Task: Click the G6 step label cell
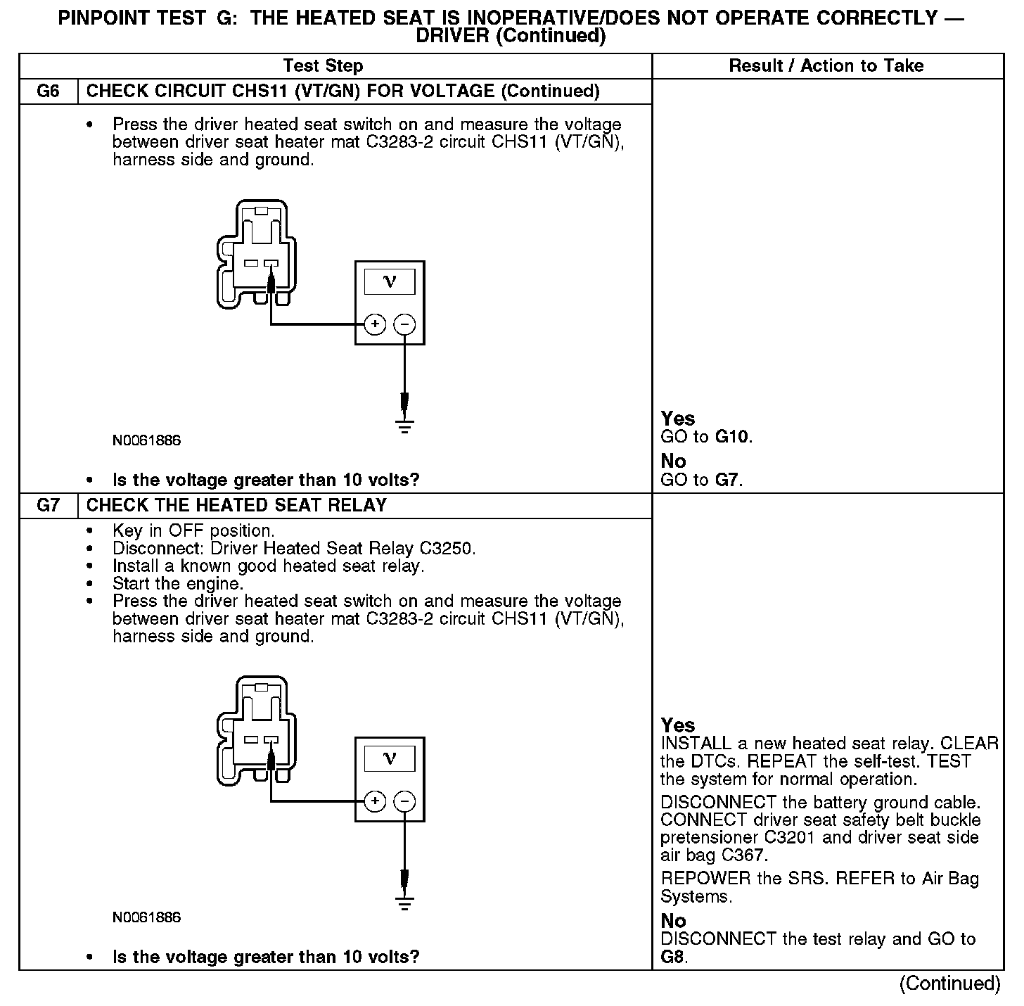pyautogui.click(x=48, y=91)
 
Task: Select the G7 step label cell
pyautogui.click(x=48, y=506)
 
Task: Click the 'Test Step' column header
pyautogui.click(x=323, y=66)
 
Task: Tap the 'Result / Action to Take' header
pyautogui.click(x=826, y=66)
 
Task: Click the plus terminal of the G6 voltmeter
pyautogui.click(x=375, y=324)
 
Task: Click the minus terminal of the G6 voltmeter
pyautogui.click(x=404, y=324)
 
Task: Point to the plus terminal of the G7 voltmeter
pyautogui.click(x=375, y=801)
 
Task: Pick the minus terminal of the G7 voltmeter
pyautogui.click(x=404, y=801)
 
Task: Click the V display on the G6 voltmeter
pyautogui.click(x=389, y=282)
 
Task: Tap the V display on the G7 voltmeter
pyautogui.click(x=389, y=758)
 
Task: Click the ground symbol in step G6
pyautogui.click(x=404, y=426)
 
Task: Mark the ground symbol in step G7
pyautogui.click(x=404, y=902)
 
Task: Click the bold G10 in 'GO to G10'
pyautogui.click(x=731, y=437)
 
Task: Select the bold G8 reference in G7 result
pyautogui.click(x=672, y=957)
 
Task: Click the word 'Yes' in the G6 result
pyautogui.click(x=678, y=419)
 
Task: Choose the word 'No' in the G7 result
pyautogui.click(x=673, y=920)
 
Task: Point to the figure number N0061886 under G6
pyautogui.click(x=146, y=441)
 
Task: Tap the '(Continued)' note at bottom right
pyautogui.click(x=949, y=983)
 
